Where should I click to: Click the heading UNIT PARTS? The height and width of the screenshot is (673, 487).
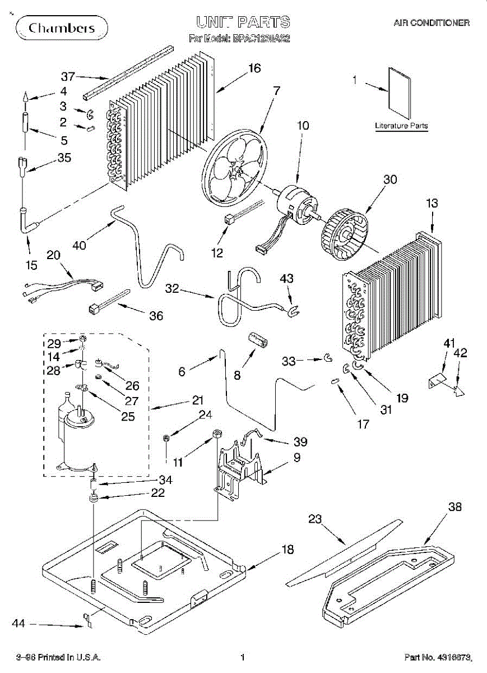click(x=243, y=22)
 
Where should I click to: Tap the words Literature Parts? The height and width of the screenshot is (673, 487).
click(x=401, y=126)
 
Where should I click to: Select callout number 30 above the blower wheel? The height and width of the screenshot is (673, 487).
click(x=390, y=179)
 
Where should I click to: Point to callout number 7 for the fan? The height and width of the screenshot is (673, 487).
click(x=276, y=90)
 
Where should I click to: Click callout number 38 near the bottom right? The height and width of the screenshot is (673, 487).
click(x=454, y=507)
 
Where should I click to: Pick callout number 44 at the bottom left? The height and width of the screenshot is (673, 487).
click(x=19, y=624)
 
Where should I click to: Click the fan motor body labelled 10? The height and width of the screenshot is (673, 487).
click(x=294, y=200)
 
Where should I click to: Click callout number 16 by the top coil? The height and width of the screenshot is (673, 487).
click(x=254, y=68)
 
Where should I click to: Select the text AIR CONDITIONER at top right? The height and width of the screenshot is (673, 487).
click(x=431, y=23)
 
